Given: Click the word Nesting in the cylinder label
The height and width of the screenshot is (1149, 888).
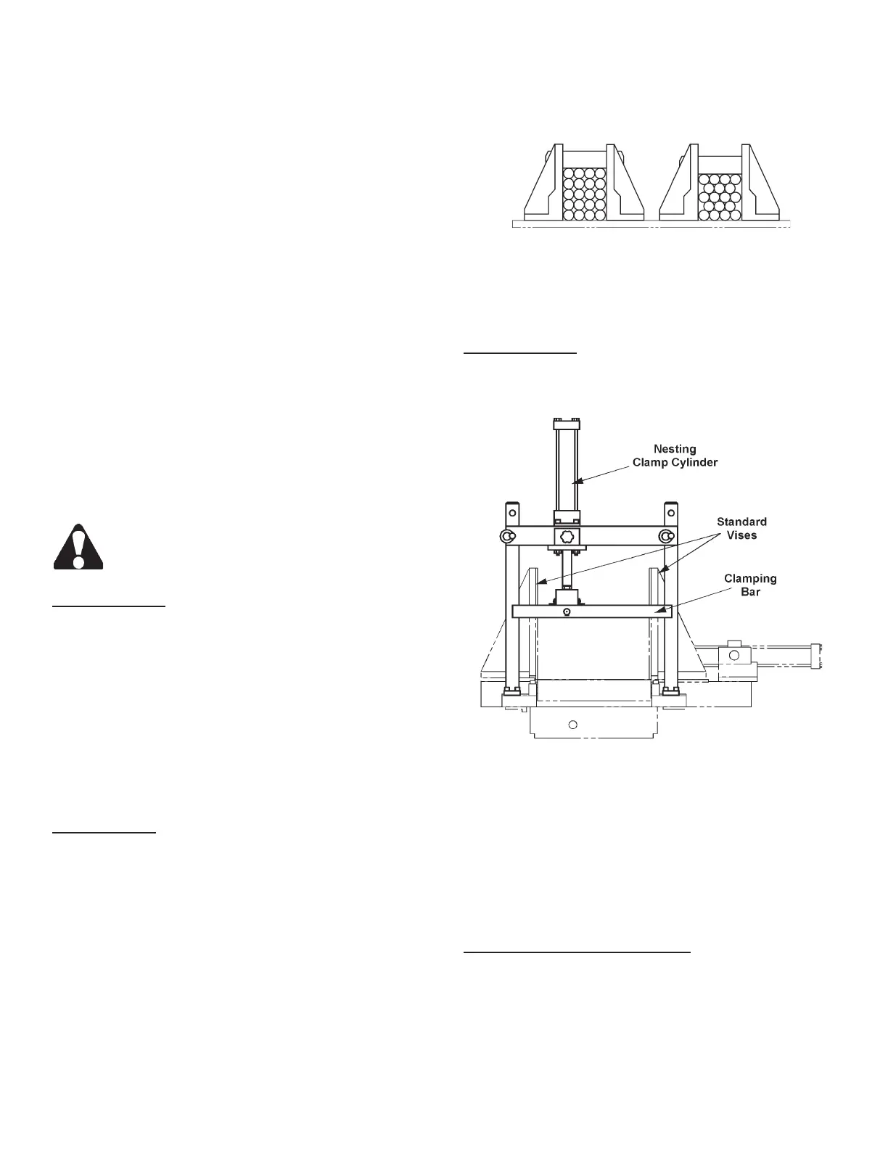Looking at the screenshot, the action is point(675,449).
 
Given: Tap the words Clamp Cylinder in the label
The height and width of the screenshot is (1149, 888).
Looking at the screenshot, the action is point(675,462).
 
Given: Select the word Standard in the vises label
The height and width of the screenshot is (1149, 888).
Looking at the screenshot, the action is point(741,522).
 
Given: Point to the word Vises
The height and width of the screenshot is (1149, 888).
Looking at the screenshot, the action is point(741,535).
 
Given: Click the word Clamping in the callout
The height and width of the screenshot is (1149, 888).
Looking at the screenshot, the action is point(750,579).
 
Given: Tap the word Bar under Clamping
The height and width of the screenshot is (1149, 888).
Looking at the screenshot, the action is point(750,592).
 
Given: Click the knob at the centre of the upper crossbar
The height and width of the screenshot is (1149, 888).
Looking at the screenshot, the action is point(567,537).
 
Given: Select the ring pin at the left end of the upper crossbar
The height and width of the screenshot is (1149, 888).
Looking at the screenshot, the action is point(506,536).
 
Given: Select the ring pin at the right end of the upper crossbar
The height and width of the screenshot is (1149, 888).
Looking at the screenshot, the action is point(665,536).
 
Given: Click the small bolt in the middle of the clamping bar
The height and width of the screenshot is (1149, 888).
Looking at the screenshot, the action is point(567,612).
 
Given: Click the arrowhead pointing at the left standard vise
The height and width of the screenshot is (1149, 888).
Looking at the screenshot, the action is point(538,582).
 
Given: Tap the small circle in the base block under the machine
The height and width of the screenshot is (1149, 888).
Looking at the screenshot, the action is point(572,724).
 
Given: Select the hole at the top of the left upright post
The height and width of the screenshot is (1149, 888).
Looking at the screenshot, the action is point(513,505).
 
